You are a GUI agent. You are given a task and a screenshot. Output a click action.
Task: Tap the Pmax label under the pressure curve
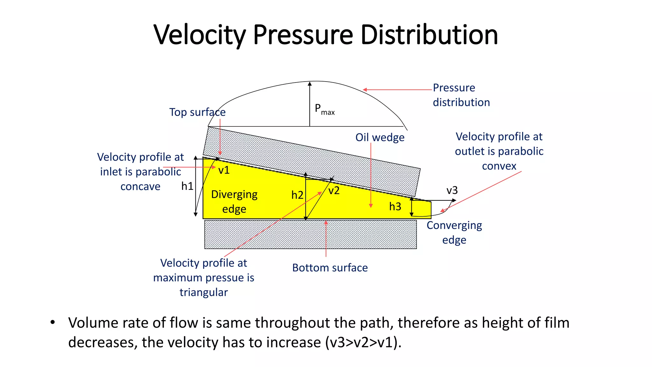[324, 109]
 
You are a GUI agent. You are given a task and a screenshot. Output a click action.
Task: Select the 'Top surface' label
[197, 112]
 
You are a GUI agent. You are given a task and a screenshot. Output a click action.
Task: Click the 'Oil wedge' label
[380, 137]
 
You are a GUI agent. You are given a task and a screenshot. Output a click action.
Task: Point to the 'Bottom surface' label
[330, 268]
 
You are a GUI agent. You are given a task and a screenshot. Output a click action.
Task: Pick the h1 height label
[187, 186]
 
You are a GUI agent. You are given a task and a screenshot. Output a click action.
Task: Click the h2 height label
[297, 195]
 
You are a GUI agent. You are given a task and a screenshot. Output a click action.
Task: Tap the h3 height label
[395, 206]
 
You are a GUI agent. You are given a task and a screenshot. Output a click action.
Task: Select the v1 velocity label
[224, 170]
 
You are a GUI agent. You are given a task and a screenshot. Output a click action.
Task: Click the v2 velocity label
[334, 191]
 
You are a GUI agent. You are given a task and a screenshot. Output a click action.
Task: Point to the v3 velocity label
[452, 191]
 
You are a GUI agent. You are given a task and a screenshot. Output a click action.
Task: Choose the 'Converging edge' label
[454, 233]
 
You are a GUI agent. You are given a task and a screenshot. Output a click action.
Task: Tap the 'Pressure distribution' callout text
[461, 95]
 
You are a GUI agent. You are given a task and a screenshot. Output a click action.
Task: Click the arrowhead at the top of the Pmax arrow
[310, 84]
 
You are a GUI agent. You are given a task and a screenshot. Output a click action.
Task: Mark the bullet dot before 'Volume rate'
[53, 322]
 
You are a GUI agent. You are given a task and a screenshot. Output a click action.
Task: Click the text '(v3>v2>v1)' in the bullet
[363, 342]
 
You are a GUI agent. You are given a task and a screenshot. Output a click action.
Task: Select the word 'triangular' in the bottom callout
[203, 292]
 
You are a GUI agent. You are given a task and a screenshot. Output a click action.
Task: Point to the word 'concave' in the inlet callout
[140, 186]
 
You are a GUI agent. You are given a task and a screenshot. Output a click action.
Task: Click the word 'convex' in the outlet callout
[499, 166]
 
